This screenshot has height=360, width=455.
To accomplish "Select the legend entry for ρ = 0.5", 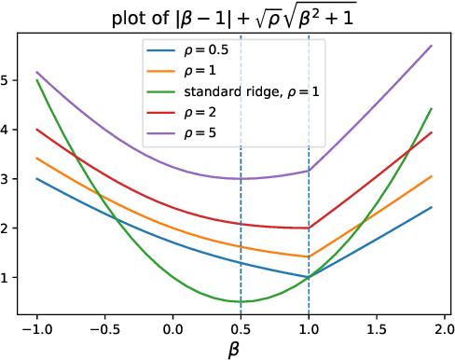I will (207, 49).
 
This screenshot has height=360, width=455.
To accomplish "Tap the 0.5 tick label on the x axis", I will (241, 327).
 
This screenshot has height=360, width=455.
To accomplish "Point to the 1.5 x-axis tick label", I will (376, 327).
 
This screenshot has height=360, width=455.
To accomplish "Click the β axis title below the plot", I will (235, 350).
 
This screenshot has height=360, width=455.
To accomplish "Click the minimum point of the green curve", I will (241, 301).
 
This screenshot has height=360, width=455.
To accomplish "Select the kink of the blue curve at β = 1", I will (309, 277).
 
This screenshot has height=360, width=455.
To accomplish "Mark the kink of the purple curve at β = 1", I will (309, 171).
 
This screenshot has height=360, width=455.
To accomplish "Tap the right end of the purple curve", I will (432, 46).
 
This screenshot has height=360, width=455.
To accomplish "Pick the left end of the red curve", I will (37, 130).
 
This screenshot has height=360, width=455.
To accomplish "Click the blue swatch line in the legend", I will (159, 49).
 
